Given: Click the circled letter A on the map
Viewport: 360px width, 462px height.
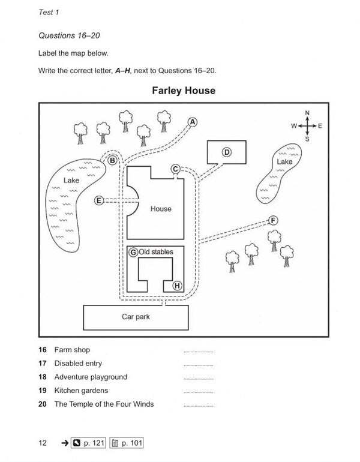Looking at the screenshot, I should click(x=193, y=122).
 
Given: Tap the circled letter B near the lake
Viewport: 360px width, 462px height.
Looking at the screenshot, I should click(x=112, y=160).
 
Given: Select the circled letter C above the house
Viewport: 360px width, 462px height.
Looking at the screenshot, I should click(x=175, y=169).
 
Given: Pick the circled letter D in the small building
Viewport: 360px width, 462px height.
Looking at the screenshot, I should click(x=227, y=152).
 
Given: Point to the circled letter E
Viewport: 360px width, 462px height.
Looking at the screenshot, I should click(x=100, y=200).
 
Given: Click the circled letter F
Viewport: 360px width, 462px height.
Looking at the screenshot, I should click(x=273, y=220).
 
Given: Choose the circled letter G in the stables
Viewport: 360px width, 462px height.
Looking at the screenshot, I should click(x=133, y=253).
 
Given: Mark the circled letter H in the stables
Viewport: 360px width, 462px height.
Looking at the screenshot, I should click(x=177, y=286).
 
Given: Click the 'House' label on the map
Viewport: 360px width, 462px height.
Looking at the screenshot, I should click(x=161, y=209).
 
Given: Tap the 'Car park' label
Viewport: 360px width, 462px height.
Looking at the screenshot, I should click(x=136, y=316).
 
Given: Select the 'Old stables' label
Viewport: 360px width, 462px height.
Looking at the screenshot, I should click(x=156, y=252).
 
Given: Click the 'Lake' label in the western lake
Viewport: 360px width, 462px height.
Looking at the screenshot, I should click(x=71, y=180).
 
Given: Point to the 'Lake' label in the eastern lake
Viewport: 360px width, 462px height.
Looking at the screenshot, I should click(x=284, y=162).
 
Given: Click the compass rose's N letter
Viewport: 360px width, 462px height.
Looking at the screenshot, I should click(x=307, y=113).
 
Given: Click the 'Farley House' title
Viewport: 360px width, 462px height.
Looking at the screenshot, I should click(x=184, y=91).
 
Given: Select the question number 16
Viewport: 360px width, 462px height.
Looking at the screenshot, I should click(x=42, y=349).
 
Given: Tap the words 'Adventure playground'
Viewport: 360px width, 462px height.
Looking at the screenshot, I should click(x=91, y=377).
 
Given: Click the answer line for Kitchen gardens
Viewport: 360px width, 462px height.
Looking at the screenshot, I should click(x=198, y=393).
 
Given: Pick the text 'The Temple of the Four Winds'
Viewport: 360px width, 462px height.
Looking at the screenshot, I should click(x=104, y=404).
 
